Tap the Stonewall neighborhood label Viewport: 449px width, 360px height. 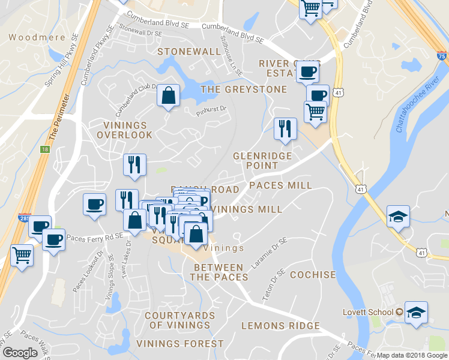tap(189, 52)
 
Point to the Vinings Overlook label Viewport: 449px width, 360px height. tap(125, 130)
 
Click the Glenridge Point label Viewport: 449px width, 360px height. tap(262, 160)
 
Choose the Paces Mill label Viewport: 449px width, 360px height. tap(280, 185)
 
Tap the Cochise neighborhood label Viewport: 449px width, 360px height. tap(313, 275)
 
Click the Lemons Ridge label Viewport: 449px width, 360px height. tap(280, 326)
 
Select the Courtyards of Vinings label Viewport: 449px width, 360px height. tap(179, 320)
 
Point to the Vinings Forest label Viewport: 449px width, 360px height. tap(180, 344)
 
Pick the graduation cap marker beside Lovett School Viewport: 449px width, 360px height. tap(416, 313)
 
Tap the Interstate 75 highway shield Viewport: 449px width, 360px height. tap(442, 56)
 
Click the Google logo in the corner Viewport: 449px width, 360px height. tap(20, 353)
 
